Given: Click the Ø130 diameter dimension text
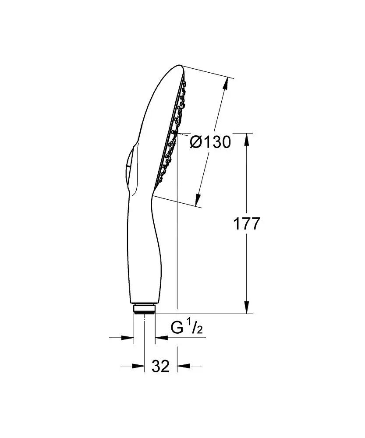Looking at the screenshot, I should coord(210,141).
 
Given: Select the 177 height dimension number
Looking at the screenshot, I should coord(246,224).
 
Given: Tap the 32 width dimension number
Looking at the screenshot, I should coord(161,366).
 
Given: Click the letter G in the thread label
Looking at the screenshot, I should coord(177,328).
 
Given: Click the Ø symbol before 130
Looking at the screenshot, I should coord(196,142).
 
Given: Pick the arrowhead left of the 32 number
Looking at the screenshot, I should coord(139,366).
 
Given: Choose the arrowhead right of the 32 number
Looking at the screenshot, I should coord(182,366).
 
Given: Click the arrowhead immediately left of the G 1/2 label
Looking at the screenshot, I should coord(160,337).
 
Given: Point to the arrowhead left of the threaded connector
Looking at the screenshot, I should coord(128,337).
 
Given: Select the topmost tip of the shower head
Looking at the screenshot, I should coord(181,67).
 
